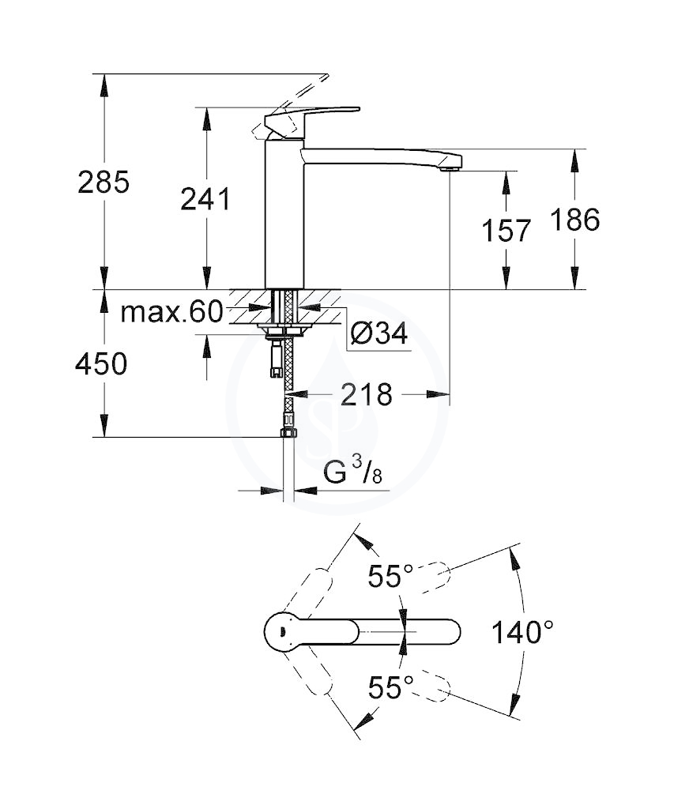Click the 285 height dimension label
click(x=104, y=182)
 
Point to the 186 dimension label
click(x=575, y=220)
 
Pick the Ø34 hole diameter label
click(x=379, y=334)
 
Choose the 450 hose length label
click(x=101, y=364)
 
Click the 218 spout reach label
click(x=367, y=395)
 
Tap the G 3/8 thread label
click(x=353, y=472)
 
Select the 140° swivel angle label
click(x=522, y=631)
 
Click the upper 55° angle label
click(x=390, y=575)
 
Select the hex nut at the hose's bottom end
click(x=287, y=433)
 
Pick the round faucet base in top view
click(x=284, y=631)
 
